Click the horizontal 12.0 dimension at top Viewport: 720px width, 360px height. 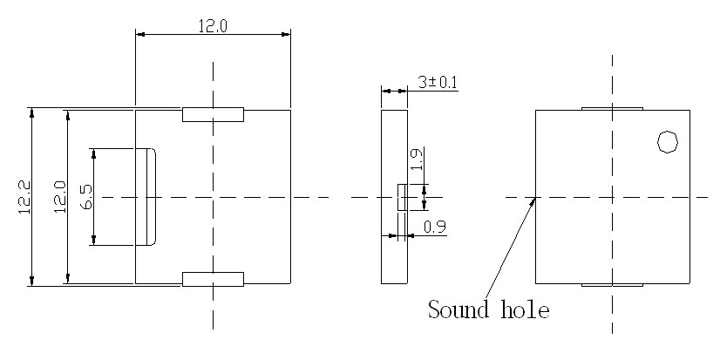pos(212,26)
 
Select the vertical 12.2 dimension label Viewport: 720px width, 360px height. pos(24,196)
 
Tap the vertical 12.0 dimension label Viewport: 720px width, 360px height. pos(58,196)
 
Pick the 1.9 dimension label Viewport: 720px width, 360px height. pos(417,159)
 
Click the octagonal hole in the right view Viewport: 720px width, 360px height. pos(667,141)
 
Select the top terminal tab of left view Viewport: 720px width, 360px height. pos(213,114)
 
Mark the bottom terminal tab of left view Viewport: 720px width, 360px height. pos(213,279)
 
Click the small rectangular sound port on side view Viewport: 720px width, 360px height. pos(402,197)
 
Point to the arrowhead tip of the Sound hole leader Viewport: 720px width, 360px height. pos(535,198)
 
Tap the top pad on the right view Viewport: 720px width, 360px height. pos(612,108)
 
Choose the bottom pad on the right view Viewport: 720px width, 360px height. pos(612,285)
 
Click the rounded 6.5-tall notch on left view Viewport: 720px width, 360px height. pos(146,197)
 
